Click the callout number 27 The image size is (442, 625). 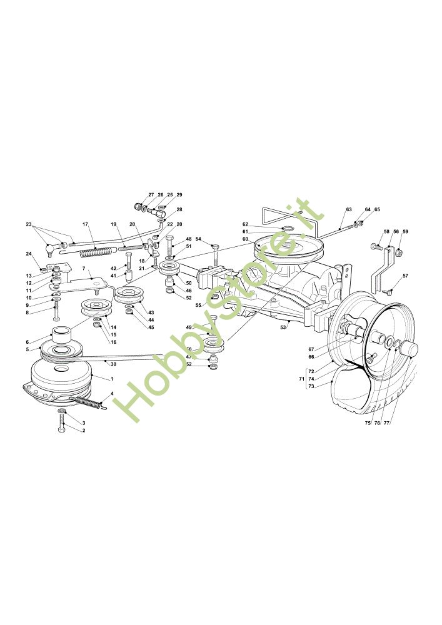(151, 195)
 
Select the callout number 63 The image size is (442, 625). (349, 209)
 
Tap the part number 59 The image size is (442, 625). (405, 232)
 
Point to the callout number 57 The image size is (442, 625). (405, 276)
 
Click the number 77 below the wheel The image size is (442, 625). (386, 423)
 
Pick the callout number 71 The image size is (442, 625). (301, 379)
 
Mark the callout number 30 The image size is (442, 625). (113, 364)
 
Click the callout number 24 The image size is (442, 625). (29, 253)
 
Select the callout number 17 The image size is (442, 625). (85, 224)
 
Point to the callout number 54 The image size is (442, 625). (198, 239)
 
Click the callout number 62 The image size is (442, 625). (246, 224)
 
